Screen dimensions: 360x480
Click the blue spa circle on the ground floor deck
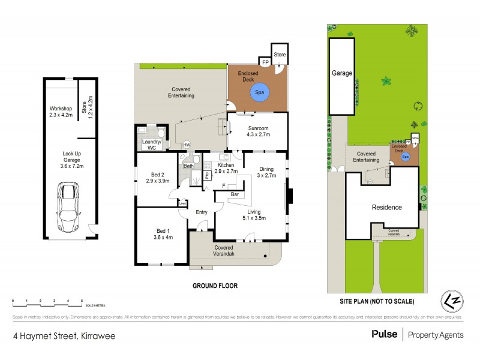point(259,93)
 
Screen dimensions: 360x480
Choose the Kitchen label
point(225,167)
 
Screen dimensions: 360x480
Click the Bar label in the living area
point(236,195)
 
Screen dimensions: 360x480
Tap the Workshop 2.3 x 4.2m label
point(61,112)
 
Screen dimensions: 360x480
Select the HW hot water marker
point(187,145)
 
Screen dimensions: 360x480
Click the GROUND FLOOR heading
point(215,286)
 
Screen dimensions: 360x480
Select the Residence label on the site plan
point(386,207)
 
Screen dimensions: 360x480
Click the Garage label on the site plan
point(342,73)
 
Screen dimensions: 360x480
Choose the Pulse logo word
point(384,334)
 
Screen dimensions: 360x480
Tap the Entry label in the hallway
point(201,212)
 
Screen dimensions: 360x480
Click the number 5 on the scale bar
point(82,300)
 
